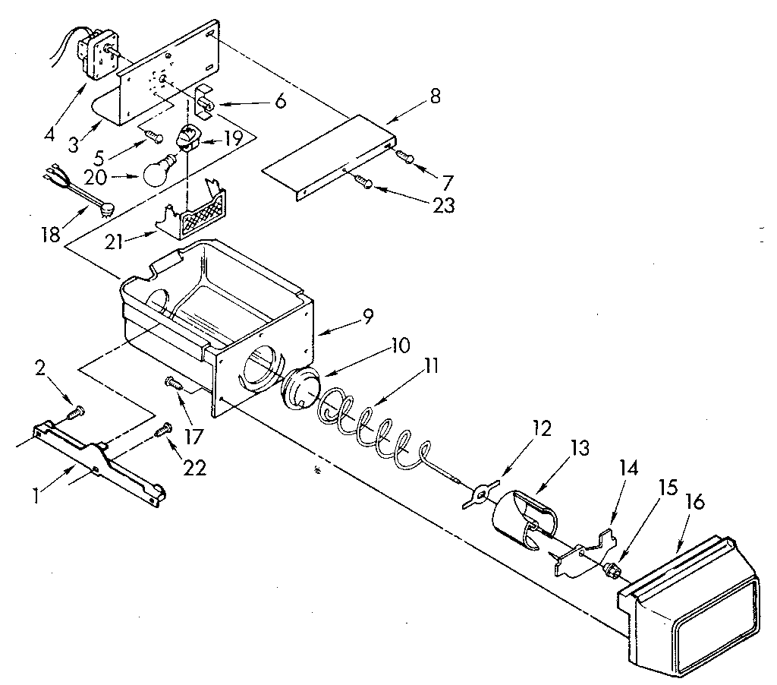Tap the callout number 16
tap(697, 503)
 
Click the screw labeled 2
tap(76, 412)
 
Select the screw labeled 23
tap(363, 182)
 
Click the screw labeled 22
tap(162, 432)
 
